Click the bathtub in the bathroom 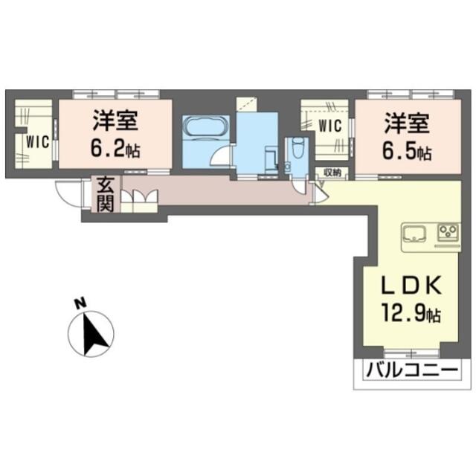click(205, 127)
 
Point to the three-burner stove click(448, 232)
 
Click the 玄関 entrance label click(106, 195)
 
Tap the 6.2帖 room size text click(115, 149)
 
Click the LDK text click(411, 286)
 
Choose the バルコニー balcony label click(411, 371)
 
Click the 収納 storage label click(332, 173)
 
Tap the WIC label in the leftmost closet click(37, 142)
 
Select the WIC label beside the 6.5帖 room click(330, 126)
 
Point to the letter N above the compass click(80, 304)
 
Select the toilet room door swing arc click(299, 189)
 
